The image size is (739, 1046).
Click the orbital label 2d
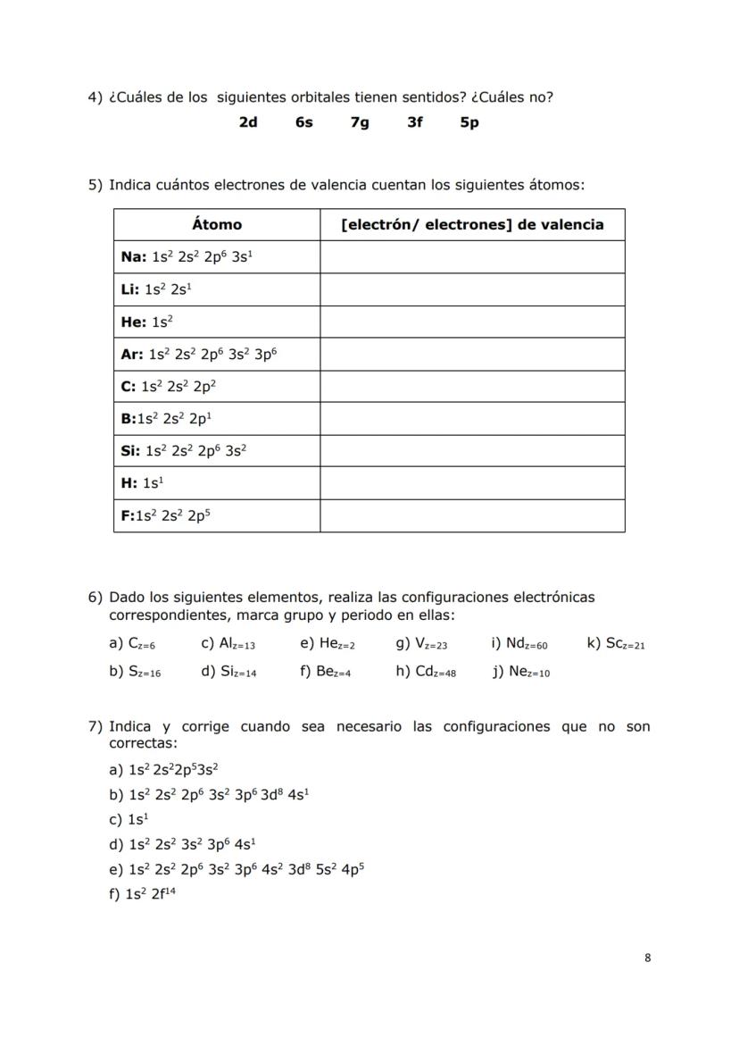click(248, 122)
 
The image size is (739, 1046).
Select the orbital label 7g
click(360, 122)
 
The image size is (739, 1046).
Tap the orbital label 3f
click(415, 122)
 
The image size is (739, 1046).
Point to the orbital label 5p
click(469, 122)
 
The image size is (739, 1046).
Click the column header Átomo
click(217, 225)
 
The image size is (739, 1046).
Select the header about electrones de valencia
click(472, 225)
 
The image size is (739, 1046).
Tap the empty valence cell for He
click(472, 322)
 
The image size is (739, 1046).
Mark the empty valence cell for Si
click(472, 451)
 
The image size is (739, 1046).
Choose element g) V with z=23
click(421, 644)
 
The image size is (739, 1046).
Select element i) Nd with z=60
click(519, 644)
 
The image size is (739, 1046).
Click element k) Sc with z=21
click(616, 644)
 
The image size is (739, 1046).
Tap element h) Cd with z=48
click(426, 673)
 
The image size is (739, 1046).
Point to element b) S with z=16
click(135, 673)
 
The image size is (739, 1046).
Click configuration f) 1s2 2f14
click(142, 892)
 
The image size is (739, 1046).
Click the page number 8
click(647, 958)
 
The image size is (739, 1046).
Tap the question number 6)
click(95, 597)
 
